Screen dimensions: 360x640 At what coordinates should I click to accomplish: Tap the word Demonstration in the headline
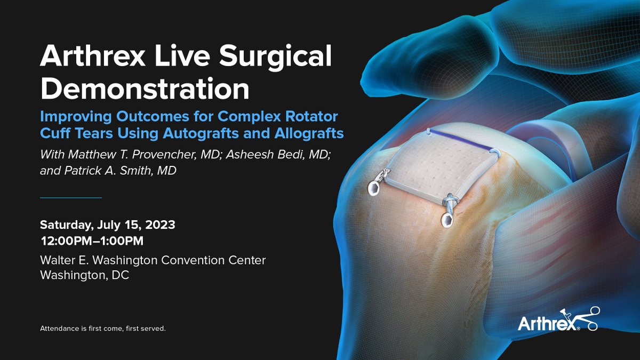coord(145,89)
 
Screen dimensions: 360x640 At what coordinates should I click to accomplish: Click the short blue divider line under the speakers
coord(71,198)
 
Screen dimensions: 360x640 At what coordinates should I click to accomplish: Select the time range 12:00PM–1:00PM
coord(92,242)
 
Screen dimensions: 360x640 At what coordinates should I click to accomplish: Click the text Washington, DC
coord(85,276)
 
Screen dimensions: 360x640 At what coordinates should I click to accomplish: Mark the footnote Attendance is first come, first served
coord(103,329)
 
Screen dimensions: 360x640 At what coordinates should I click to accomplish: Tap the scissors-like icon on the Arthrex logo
coord(589,317)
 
